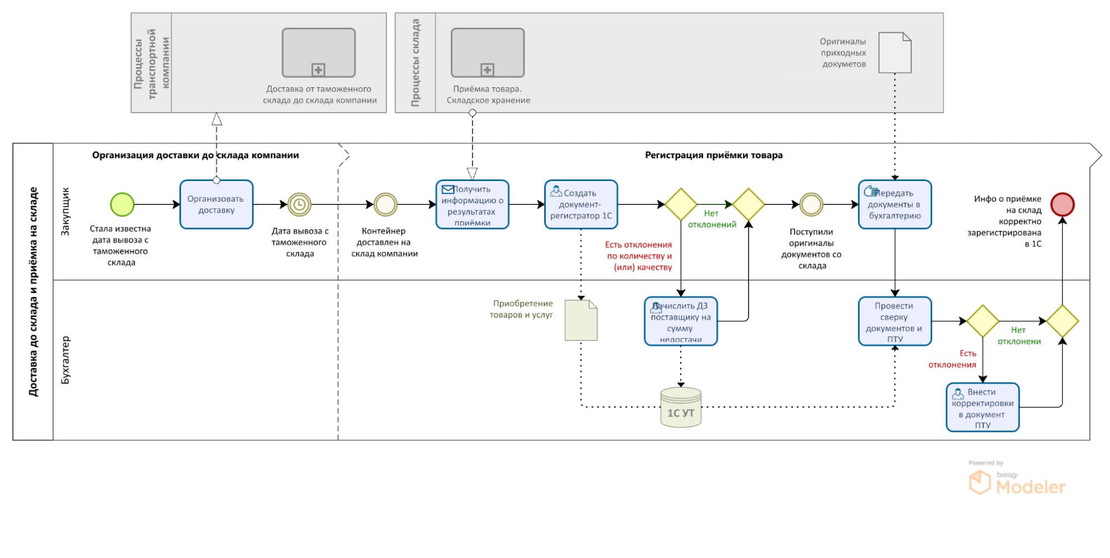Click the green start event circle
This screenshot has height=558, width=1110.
[x=122, y=204]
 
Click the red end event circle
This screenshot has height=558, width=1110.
[x=1062, y=204]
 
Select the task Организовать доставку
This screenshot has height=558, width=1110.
[x=216, y=204]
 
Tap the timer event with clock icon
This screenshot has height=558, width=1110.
[x=299, y=204]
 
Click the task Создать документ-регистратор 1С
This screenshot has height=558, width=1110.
[x=581, y=204]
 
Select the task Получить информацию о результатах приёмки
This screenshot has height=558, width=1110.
[x=472, y=204]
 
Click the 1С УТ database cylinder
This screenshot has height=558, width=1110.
[x=681, y=408]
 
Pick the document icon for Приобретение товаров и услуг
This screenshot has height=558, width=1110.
[x=581, y=320]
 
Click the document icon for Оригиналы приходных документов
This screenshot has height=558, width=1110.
[x=895, y=53]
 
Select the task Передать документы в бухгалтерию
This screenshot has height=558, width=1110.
[x=895, y=204]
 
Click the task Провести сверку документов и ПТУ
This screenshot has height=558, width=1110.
[x=895, y=321]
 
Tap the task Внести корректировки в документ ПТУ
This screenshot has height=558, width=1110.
[x=982, y=408]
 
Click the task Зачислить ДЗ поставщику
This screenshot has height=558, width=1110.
[x=681, y=321]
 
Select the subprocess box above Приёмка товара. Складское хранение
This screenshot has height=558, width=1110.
[x=487, y=53]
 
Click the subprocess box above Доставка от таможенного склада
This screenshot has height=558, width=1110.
[x=318, y=53]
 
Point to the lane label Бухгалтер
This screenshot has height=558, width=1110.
[x=66, y=360]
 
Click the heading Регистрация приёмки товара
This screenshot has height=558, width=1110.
[x=714, y=155]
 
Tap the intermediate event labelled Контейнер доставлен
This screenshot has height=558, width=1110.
[x=385, y=204]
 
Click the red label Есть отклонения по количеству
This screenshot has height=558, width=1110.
[x=639, y=256]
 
